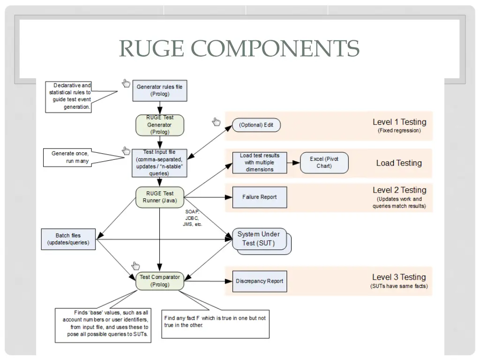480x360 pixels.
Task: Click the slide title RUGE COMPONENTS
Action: (x=239, y=48)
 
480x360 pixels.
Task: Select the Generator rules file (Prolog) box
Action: (x=160, y=90)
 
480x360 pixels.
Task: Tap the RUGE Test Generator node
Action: (x=160, y=125)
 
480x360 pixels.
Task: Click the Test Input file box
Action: (x=160, y=163)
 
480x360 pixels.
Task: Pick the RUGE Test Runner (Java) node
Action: (x=160, y=197)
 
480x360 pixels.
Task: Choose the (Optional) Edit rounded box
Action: (x=256, y=125)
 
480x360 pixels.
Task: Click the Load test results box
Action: (x=260, y=163)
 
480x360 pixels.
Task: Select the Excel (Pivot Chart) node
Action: (x=324, y=163)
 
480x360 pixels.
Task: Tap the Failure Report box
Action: (x=260, y=197)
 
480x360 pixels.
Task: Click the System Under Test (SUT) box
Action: (x=259, y=239)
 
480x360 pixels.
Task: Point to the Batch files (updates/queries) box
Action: (x=68, y=239)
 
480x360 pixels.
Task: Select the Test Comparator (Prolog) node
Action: (x=160, y=281)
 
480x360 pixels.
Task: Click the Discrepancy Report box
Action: (x=260, y=281)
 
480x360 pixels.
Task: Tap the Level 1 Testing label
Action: (x=399, y=122)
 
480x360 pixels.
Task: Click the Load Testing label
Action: (x=399, y=163)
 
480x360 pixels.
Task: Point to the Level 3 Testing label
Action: (x=399, y=277)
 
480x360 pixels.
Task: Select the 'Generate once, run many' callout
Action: (x=70, y=157)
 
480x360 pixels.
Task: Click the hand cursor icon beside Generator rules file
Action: (x=126, y=83)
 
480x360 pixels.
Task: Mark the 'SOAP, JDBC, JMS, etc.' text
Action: (x=193, y=218)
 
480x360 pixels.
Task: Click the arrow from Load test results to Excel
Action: (x=293, y=163)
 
